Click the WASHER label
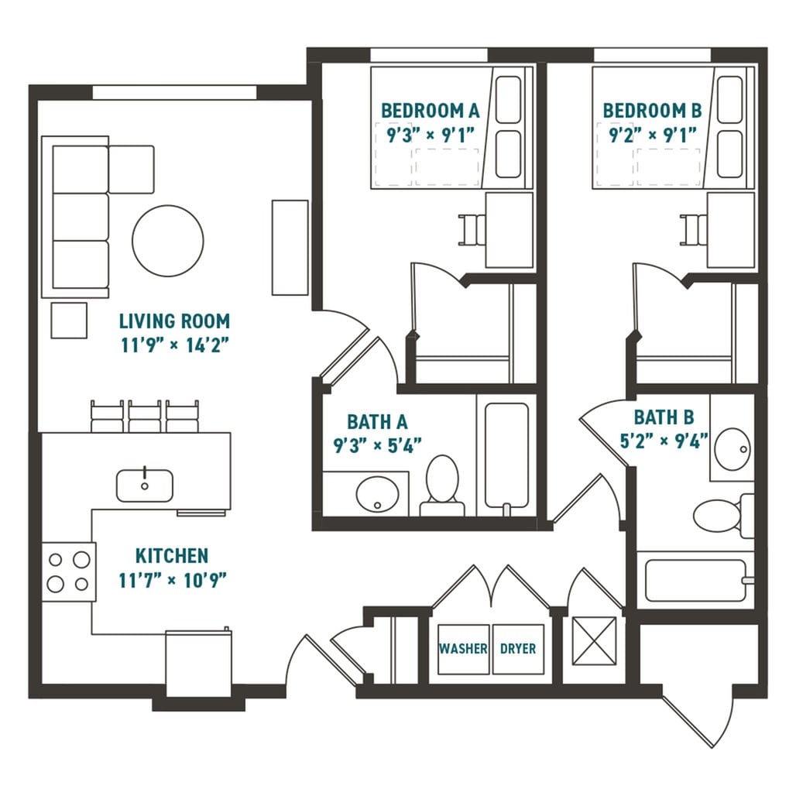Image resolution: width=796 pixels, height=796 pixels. point(463,649)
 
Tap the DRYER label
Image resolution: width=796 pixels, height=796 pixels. point(517,649)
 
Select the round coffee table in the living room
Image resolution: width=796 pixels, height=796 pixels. point(168,240)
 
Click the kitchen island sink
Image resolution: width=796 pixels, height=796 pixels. point(145,485)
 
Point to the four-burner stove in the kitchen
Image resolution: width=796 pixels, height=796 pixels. point(68,571)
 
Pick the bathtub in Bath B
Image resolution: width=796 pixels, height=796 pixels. point(694,580)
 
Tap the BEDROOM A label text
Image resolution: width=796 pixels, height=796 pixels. point(431,111)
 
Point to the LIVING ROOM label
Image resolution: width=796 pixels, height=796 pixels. point(174,321)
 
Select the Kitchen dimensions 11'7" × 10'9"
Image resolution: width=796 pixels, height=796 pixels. point(172,579)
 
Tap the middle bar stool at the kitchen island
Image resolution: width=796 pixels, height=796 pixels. point(145,417)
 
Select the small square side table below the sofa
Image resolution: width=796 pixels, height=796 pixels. point(69,321)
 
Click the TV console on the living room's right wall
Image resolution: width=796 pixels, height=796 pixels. point(290,247)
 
